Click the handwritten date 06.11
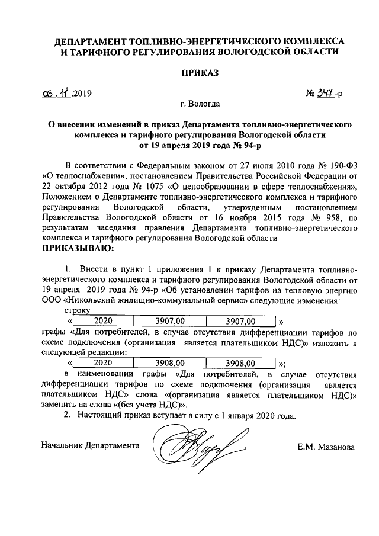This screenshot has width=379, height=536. (56, 93)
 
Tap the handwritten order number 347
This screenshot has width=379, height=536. (323, 93)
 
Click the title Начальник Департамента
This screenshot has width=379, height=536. (91, 444)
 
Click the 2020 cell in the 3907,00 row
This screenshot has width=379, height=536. (104, 322)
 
